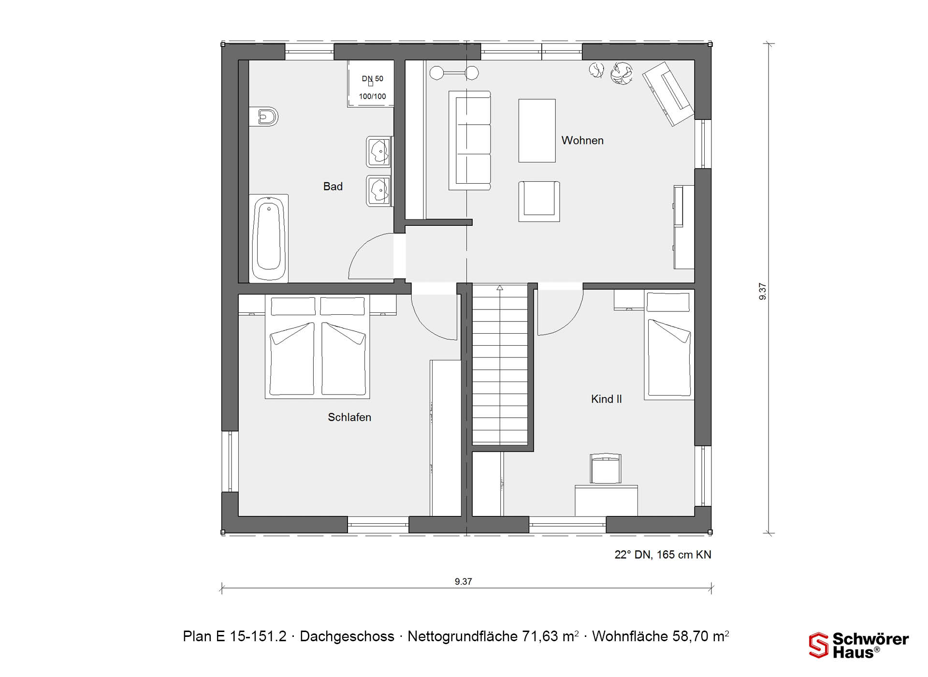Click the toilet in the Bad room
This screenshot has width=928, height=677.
tap(264, 117)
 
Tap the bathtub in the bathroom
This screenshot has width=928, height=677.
tap(269, 238)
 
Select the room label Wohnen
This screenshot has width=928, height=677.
tap(582, 141)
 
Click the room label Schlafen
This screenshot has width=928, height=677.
tap(349, 417)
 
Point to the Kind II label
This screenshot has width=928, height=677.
tap(606, 399)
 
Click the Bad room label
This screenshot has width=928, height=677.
tap(333, 187)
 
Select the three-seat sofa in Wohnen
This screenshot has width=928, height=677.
tap(470, 140)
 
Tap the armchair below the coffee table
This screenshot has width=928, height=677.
tap(539, 201)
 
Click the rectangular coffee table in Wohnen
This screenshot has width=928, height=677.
tap(537, 131)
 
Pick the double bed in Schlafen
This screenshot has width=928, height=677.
tap(318, 347)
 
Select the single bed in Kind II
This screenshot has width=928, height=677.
tap(669, 345)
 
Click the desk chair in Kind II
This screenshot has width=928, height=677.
tap(606, 468)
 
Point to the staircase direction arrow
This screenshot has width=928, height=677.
tap(500, 288)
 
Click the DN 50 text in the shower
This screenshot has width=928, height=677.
tap(372, 79)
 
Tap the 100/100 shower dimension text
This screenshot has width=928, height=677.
tap(372, 96)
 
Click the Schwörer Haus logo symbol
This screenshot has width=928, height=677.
tap(819, 645)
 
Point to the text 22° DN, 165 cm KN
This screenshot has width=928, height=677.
tap(663, 555)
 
